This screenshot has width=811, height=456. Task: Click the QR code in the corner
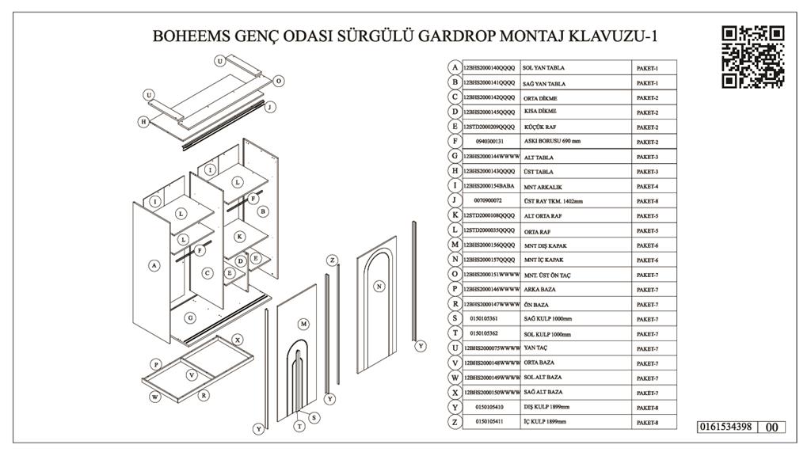pyautogui.click(x=752, y=56)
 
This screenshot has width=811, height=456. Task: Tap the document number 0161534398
pyautogui.click(x=724, y=427)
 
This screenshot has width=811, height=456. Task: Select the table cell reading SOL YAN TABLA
pyautogui.click(x=544, y=69)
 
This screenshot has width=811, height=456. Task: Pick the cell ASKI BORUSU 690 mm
pyautogui.click(x=553, y=142)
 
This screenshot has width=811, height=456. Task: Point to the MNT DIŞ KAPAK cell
pyautogui.click(x=545, y=245)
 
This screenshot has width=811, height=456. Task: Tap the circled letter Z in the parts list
pyautogui.click(x=455, y=422)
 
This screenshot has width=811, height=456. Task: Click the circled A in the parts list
pyautogui.click(x=455, y=68)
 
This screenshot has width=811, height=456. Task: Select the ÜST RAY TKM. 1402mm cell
pyautogui.click(x=553, y=201)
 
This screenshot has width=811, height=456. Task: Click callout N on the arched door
pyautogui.click(x=379, y=286)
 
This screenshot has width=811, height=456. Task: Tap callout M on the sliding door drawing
pyautogui.click(x=303, y=324)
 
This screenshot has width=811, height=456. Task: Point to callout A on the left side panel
pyautogui.click(x=154, y=266)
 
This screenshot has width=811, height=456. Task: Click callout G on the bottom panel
pyautogui.click(x=190, y=317)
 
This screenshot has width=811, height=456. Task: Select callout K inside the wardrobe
pyautogui.click(x=239, y=236)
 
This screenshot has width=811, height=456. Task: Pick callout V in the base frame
pyautogui.click(x=192, y=374)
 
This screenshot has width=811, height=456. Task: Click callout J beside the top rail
pyautogui.click(x=270, y=107)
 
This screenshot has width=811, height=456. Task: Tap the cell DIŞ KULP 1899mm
pyautogui.click(x=546, y=407)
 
